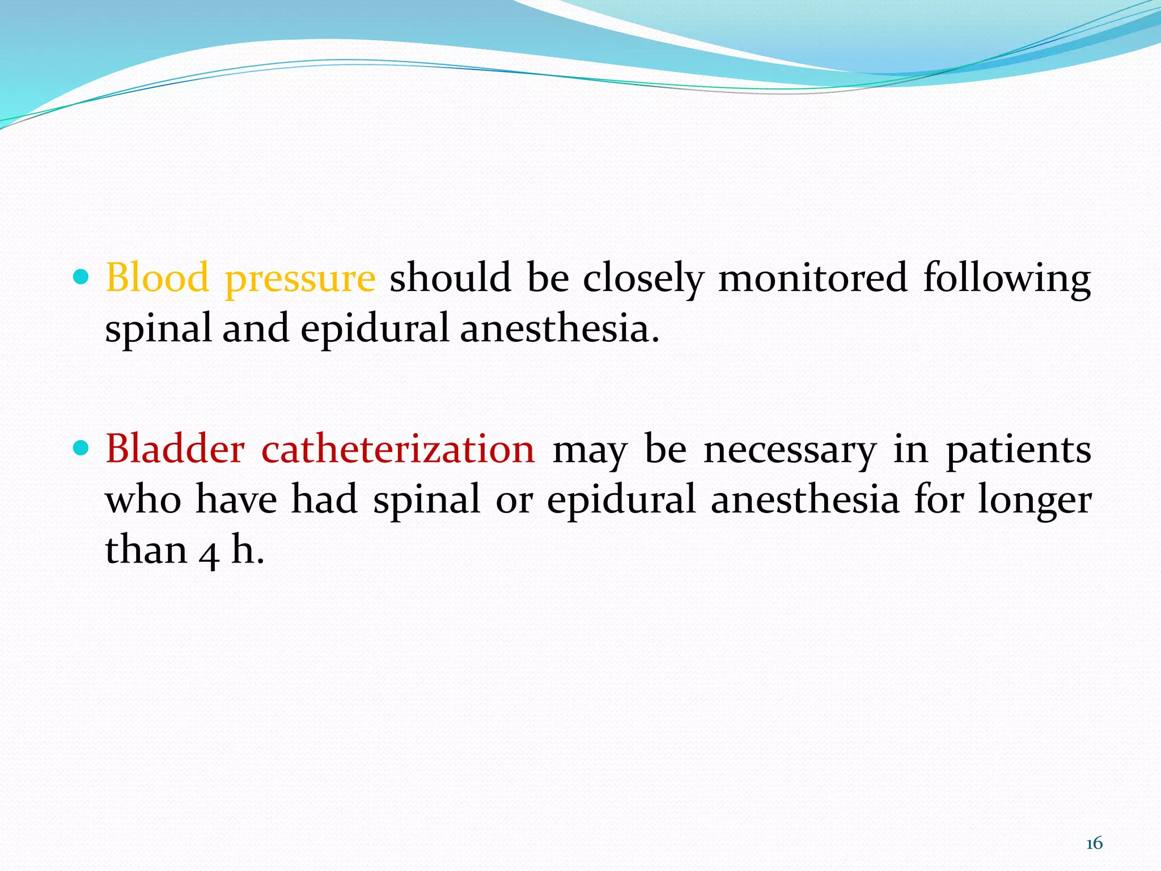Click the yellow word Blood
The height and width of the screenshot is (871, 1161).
point(157,278)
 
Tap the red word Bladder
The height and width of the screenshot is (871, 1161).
point(175,449)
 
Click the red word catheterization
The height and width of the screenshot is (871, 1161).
point(398,449)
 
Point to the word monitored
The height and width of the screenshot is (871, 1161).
point(813,278)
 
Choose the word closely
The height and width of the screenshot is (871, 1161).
point(643,279)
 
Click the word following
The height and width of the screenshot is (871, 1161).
point(1007,279)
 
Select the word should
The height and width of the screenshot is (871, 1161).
point(450,278)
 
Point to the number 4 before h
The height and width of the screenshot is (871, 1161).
point(209,553)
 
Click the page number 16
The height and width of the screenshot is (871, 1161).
point(1094,843)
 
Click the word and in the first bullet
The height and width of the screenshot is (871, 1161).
point(256,329)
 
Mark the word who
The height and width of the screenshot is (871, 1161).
point(143,500)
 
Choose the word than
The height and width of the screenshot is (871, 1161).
point(146,550)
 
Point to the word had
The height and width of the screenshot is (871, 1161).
point(324,500)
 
